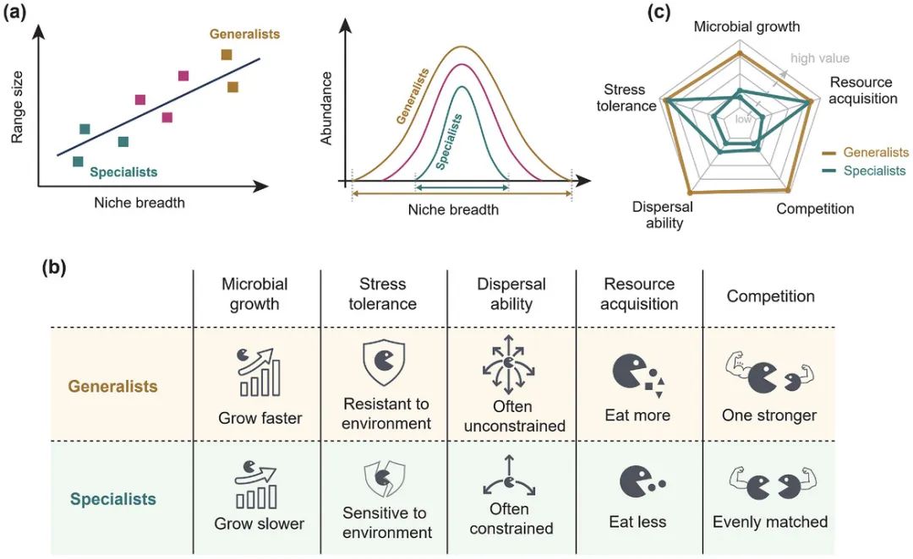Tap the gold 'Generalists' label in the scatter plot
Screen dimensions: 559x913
pos(245,35)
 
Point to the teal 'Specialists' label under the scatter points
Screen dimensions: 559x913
pos(123,172)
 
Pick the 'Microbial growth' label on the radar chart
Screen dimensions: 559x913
pos(746,26)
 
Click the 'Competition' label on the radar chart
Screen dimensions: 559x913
pos(815,209)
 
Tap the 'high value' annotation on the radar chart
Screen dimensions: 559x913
pos(819,58)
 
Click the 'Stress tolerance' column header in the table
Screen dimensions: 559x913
pos(383,293)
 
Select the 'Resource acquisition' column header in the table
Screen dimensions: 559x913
pos(639,293)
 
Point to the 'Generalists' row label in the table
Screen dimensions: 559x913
pos(112,387)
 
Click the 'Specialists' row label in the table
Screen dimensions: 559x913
pos(113,499)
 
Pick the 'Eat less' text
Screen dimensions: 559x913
pos(637,522)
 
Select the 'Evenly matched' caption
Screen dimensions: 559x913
pos(770,522)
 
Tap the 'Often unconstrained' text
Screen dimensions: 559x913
pos(511,417)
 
